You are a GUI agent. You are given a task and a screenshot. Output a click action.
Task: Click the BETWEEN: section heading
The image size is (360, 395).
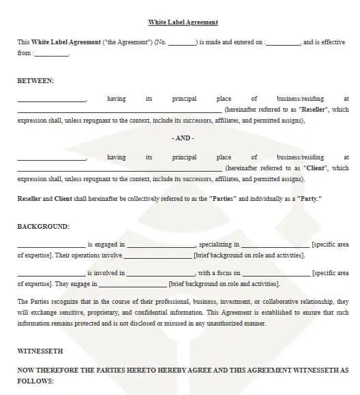tap(35, 80)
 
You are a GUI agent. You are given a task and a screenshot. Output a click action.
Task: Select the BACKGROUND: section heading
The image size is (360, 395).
tap(43, 226)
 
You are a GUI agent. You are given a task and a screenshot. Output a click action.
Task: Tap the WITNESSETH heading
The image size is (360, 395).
tap(40, 351)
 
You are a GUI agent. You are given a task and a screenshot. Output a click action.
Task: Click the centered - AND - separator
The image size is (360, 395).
tap(183, 138)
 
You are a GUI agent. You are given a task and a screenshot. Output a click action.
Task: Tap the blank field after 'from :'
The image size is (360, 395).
tap(51, 54)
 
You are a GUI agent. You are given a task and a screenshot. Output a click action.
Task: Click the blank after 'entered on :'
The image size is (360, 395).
tap(282, 43)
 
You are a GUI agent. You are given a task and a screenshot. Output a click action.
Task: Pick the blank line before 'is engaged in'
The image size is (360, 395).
tap(51, 244)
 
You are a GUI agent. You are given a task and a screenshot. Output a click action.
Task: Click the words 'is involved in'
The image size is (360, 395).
tap(107, 273)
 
